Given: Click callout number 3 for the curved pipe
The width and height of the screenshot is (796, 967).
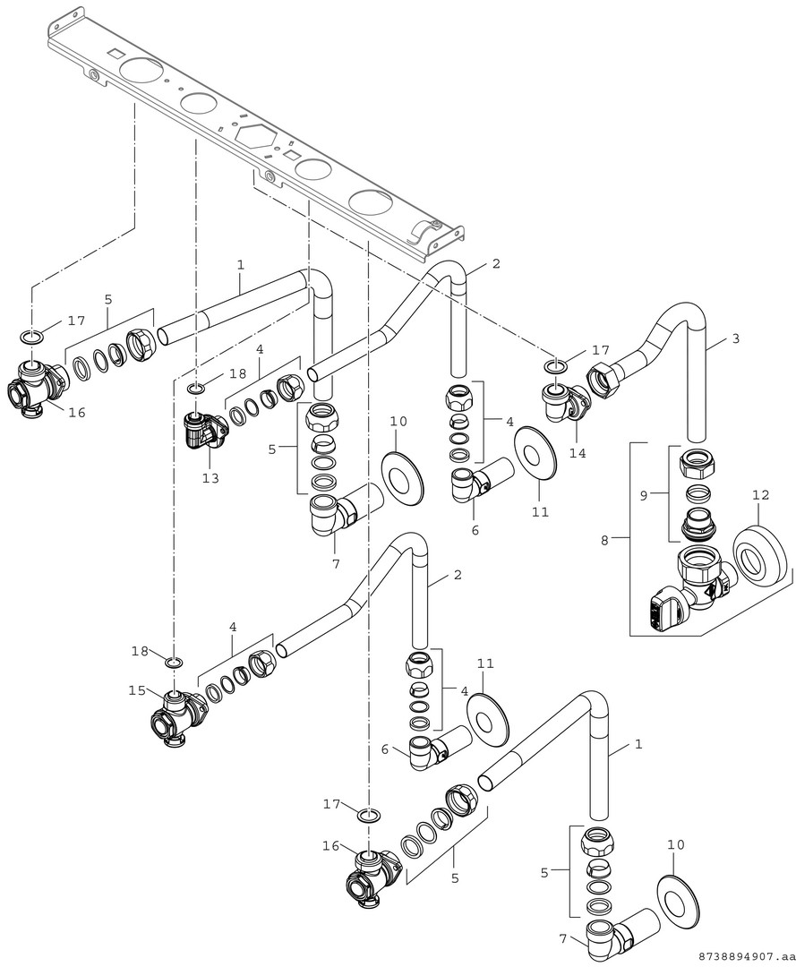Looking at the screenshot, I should click(735, 339).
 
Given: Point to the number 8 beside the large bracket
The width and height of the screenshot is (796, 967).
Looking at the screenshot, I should click(605, 540).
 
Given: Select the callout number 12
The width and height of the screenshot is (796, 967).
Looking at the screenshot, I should click(760, 493).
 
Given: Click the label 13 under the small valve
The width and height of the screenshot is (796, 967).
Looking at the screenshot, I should click(210, 478).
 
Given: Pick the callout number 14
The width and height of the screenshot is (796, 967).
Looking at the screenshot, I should click(578, 453).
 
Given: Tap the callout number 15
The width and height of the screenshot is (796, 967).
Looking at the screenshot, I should click(136, 690).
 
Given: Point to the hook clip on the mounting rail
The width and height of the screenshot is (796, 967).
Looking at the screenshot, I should click(424, 233).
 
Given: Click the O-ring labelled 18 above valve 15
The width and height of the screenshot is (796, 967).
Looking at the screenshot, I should click(175, 662).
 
